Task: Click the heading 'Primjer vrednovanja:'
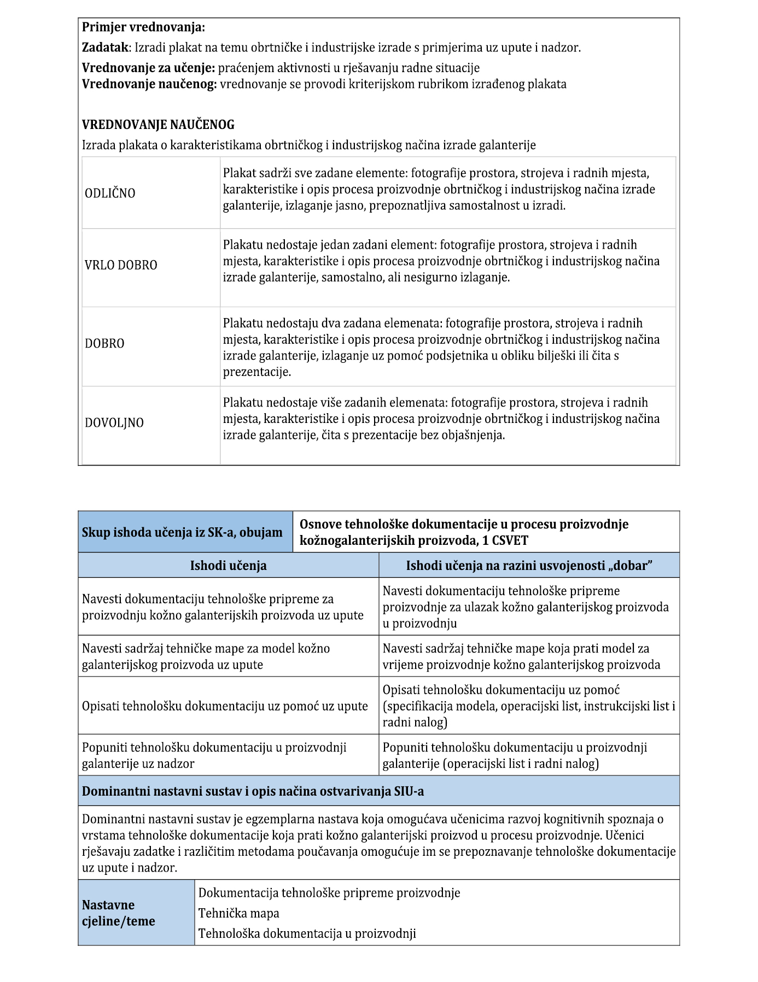point(143,27)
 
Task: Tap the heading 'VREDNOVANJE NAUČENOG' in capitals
point(158,125)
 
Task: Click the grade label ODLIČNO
point(110,193)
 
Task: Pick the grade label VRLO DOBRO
point(121,265)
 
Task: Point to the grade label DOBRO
point(104,344)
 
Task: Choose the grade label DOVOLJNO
point(114,423)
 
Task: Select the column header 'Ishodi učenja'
point(228,566)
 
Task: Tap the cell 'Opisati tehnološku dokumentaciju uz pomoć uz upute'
point(225,706)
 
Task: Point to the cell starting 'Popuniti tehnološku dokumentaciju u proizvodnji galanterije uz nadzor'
point(214,755)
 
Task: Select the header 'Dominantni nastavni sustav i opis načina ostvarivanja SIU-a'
point(253,791)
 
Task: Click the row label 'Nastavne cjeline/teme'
point(118,913)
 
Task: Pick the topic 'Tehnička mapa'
point(238,913)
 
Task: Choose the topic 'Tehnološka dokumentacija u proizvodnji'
point(307,933)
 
